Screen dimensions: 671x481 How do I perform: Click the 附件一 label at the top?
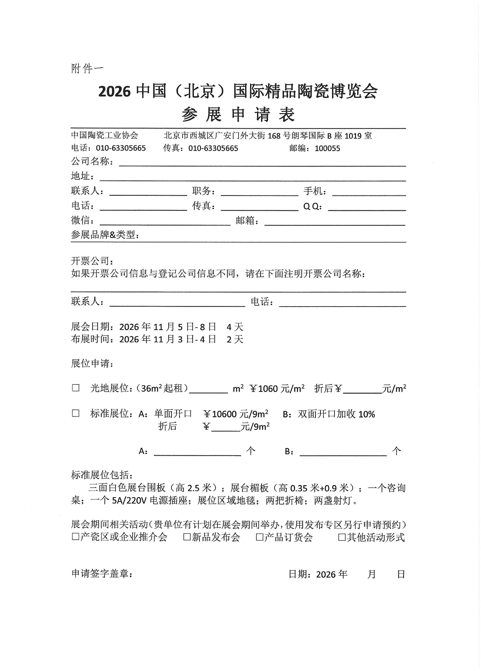coord(87,69)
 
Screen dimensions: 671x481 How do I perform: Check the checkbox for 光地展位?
coord(76,388)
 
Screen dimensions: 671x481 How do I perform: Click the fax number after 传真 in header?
coord(213,148)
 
